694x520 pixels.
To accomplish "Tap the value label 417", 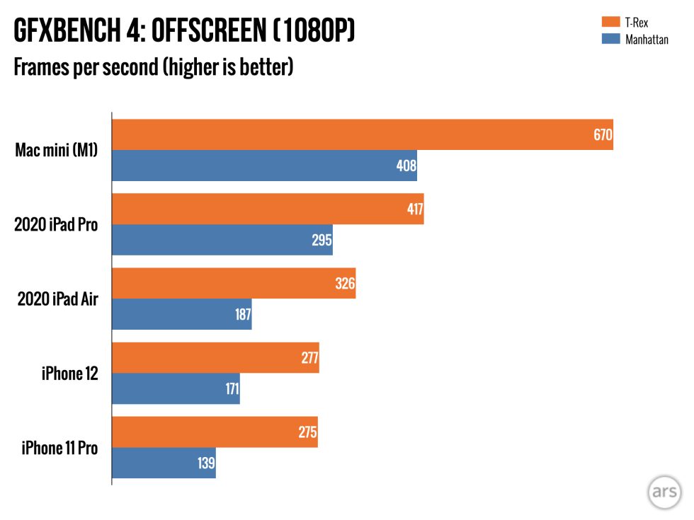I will (x=414, y=209).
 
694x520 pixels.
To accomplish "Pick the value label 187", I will (x=243, y=314).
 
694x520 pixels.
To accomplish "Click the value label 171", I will (x=232, y=388).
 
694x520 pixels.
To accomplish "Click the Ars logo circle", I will (x=664, y=492).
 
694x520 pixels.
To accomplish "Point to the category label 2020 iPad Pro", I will (x=56, y=225).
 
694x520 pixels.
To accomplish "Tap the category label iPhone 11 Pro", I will (x=59, y=448).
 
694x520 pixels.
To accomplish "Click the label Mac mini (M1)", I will (x=57, y=150).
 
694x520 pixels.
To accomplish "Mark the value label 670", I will (x=603, y=134).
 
